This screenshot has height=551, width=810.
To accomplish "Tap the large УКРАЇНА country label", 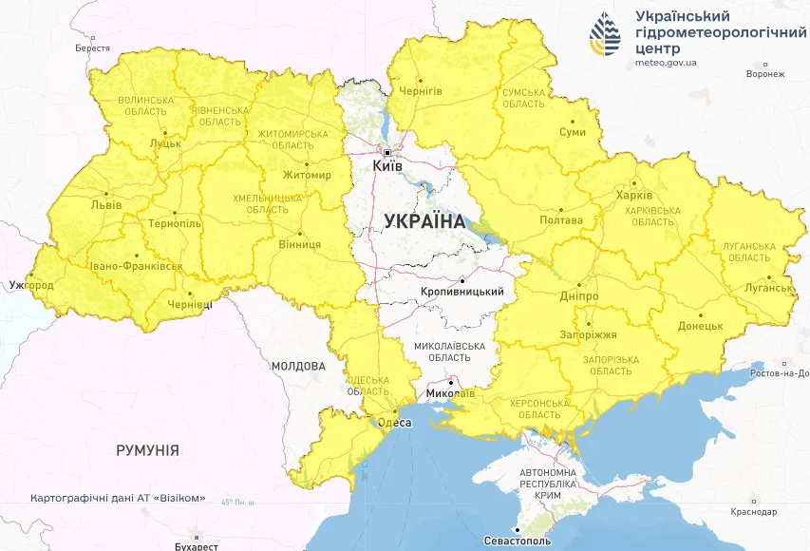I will pos(424,220).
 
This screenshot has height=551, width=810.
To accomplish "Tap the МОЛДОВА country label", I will pos(297,366).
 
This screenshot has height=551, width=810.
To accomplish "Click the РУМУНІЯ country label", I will pos(147,450).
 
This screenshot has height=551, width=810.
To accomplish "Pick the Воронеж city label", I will pos(765,73).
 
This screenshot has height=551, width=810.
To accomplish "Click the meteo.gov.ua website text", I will pos(667,63).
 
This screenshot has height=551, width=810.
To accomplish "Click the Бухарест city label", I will pos(197,546).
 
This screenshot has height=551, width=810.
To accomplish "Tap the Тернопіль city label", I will pos(175,223).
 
